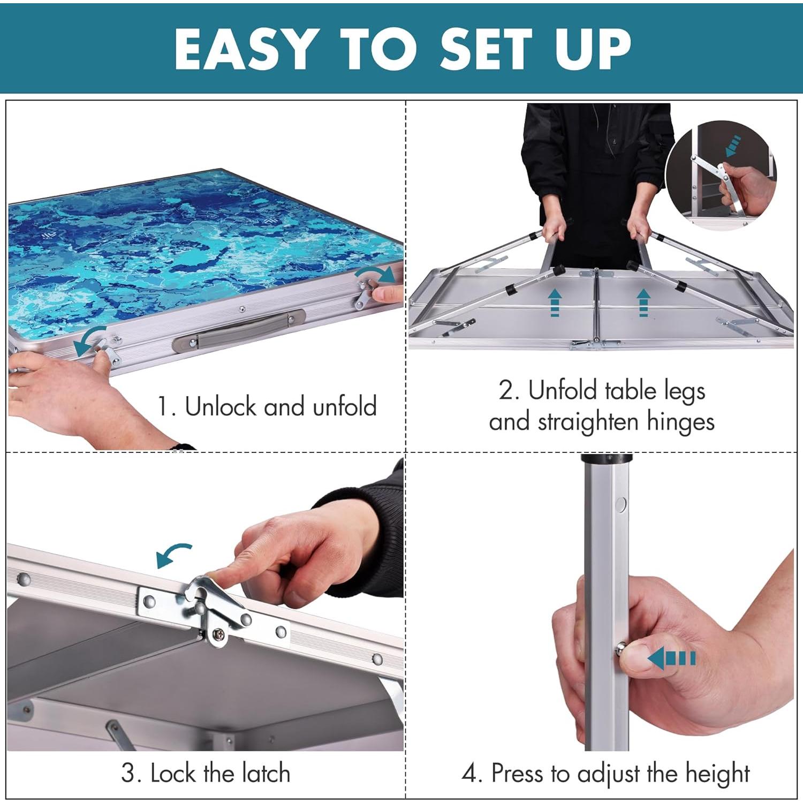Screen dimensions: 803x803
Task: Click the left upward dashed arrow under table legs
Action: point(555,302)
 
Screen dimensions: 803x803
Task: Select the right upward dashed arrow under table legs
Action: point(643,302)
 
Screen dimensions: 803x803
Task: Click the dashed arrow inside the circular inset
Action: point(733,146)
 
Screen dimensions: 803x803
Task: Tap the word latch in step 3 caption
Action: point(266,774)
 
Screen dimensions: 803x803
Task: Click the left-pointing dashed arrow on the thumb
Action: point(671,658)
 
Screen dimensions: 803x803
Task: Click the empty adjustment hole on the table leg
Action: point(621,504)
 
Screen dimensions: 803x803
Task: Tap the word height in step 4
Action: point(718,774)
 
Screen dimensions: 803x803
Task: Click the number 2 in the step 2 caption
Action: point(506,391)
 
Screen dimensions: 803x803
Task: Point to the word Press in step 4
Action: point(517,774)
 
